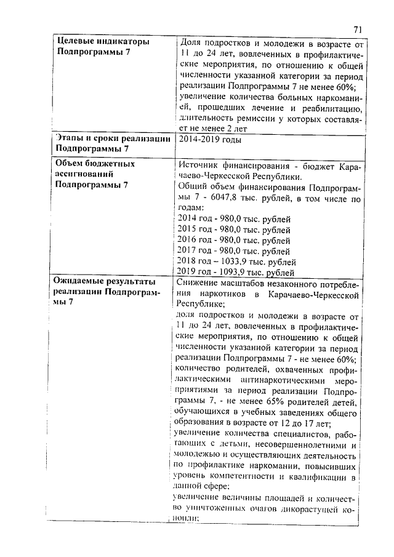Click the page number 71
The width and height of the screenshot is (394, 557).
coord(358,29)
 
